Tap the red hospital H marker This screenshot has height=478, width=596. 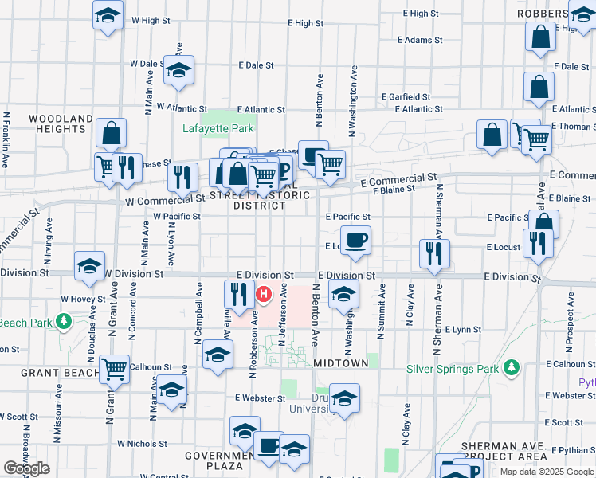coord(264,296)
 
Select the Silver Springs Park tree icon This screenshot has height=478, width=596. coord(512,368)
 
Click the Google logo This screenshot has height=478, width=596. coord(26,468)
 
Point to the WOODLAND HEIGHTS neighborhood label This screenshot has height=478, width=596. coord(61,123)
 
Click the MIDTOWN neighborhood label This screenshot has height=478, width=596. coord(341,363)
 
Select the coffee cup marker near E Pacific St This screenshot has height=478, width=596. coord(355,239)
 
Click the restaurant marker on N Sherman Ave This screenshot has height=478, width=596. coord(434,254)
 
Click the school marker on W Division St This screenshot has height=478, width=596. coord(90,266)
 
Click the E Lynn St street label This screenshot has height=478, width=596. coord(463,329)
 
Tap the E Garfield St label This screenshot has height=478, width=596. coord(406,96)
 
